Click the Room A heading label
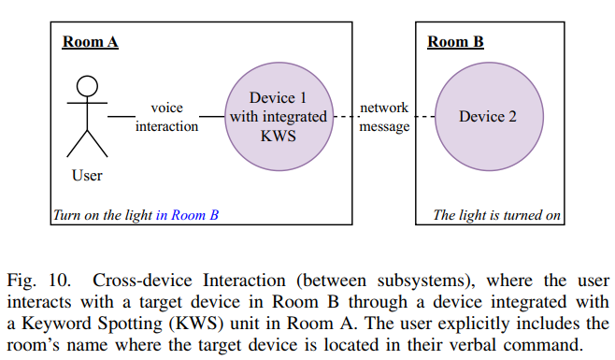click(x=90, y=42)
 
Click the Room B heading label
click(x=455, y=42)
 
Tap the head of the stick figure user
click(x=87, y=87)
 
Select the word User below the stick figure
click(x=87, y=175)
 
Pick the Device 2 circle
click(x=487, y=116)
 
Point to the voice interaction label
click(x=166, y=117)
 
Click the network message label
click(x=384, y=117)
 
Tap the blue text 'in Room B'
click(x=187, y=215)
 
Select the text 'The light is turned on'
click(x=496, y=215)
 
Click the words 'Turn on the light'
click(x=103, y=215)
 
